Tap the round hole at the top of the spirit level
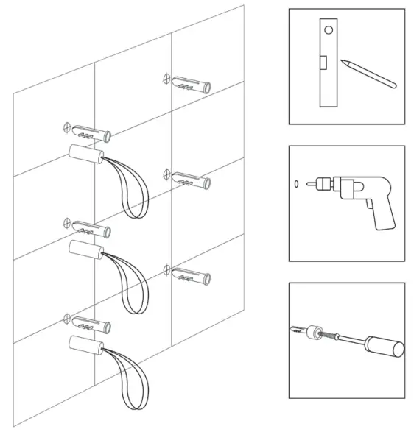coord(329,30)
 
